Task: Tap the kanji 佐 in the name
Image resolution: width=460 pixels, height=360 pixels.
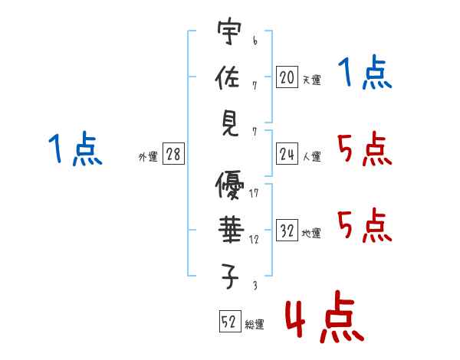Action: click(229, 78)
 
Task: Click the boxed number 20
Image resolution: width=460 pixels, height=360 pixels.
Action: click(287, 77)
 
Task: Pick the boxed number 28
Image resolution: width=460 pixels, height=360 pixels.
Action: click(173, 155)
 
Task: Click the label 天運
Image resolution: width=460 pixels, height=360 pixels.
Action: click(311, 80)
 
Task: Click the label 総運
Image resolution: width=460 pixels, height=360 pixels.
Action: click(255, 324)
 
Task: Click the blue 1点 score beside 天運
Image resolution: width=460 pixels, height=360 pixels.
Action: click(365, 74)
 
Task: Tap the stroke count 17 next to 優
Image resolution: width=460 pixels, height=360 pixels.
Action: click(254, 193)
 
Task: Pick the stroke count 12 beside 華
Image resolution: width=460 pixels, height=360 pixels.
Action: click(254, 239)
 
